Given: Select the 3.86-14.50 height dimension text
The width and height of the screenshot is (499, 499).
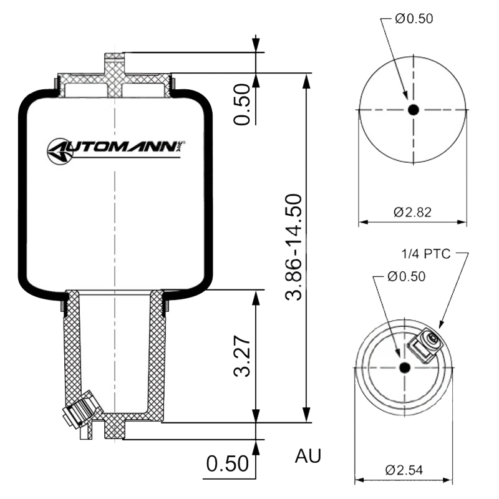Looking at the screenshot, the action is tap(294, 247).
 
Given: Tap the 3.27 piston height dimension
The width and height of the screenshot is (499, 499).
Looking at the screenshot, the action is tap(242, 356).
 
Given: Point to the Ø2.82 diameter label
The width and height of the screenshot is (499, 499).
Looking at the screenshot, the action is tap(412, 212).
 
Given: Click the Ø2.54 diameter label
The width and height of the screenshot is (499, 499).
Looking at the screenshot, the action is tap(404, 470).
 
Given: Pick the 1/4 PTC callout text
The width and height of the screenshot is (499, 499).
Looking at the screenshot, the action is tap(426, 254).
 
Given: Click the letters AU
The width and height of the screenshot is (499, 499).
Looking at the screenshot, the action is tap(308, 455).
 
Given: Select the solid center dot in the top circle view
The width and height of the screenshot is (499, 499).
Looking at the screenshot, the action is tap(414, 110).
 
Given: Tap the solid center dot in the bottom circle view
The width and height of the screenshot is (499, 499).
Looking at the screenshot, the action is tap(404, 367).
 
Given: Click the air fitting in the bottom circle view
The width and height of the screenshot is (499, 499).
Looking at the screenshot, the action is tap(425, 346).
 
